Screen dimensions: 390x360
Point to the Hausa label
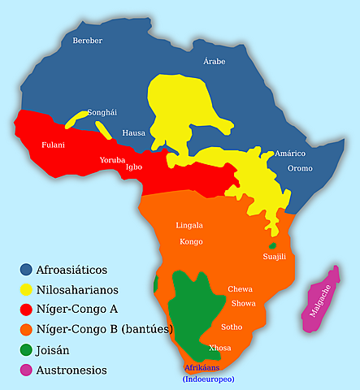133,132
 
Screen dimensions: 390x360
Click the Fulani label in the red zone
54,145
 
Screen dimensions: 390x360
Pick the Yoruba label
112,160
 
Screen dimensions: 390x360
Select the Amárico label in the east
290,153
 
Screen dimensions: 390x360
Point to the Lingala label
189,225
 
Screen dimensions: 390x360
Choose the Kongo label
192,241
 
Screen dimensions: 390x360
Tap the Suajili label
275,257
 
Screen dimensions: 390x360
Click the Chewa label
240,289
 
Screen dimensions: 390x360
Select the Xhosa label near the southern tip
220,347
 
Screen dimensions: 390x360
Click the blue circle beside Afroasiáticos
26,269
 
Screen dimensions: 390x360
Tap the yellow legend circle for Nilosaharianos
26,289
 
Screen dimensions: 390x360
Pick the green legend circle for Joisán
26,349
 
